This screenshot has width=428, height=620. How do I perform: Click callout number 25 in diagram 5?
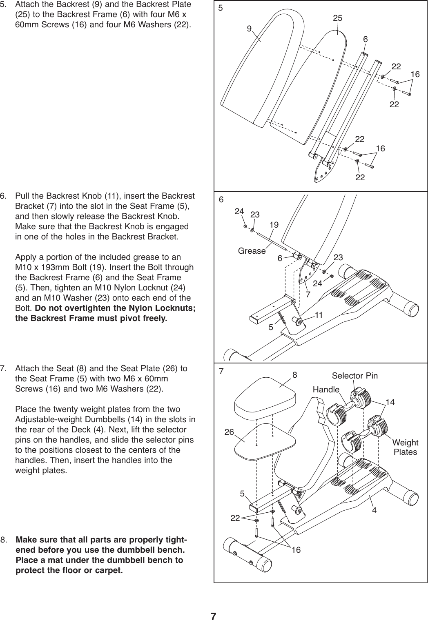tap(337, 18)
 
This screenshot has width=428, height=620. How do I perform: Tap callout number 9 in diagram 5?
tap(249, 29)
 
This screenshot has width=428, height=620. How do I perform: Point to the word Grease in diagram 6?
tap(252, 251)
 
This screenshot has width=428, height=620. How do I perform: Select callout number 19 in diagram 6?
tap(274, 224)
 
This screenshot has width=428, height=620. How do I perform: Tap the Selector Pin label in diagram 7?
tap(354, 375)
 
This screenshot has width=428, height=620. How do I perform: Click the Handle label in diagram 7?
tap(326, 390)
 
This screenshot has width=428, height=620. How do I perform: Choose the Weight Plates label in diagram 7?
tap(405, 447)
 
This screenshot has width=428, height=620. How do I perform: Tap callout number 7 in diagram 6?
tap(308, 293)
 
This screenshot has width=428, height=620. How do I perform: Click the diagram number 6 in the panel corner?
tap(221, 200)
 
